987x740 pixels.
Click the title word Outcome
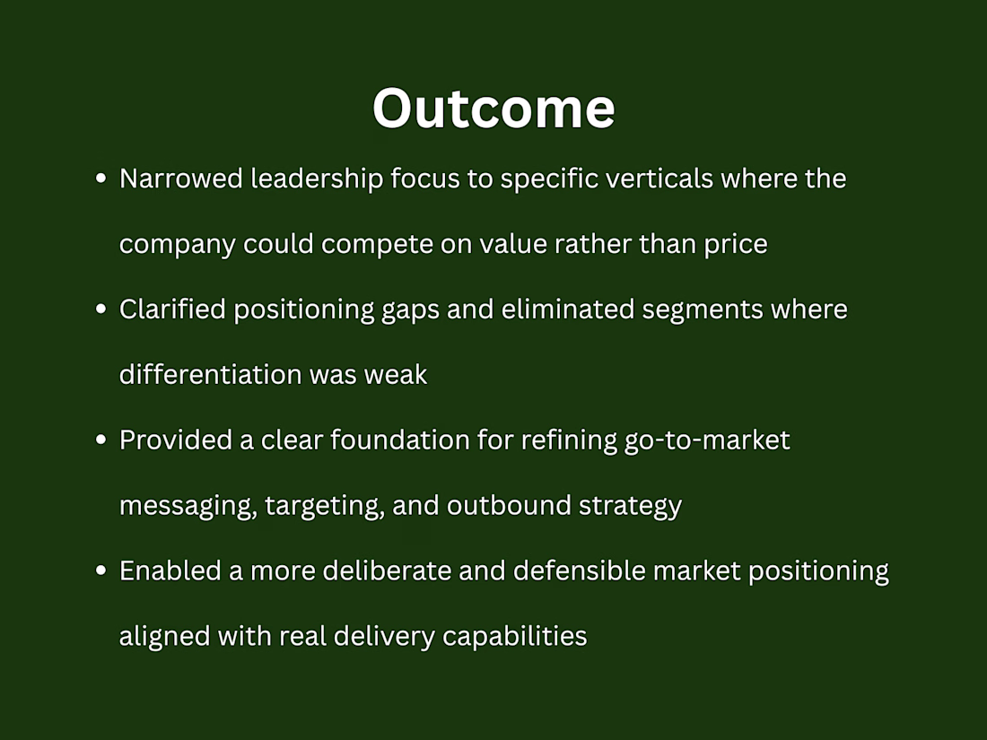pyautogui.click(x=493, y=109)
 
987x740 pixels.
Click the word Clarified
pyautogui.click(x=172, y=309)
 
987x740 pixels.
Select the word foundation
pyautogui.click(x=399, y=440)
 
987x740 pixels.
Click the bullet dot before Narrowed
pyautogui.click(x=100, y=178)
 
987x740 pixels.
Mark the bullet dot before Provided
pyautogui.click(x=100, y=440)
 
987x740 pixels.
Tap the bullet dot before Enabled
pyautogui.click(x=100, y=570)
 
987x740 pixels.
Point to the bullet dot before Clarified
pyautogui.click(x=100, y=309)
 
